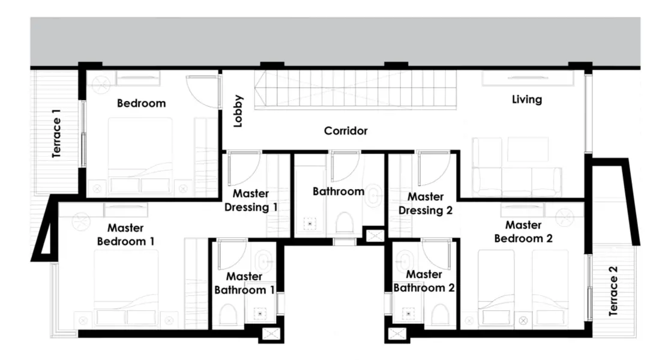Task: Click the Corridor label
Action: tap(345, 131)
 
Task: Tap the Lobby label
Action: tap(238, 111)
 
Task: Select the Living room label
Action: tap(527, 100)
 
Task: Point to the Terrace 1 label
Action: tap(56, 133)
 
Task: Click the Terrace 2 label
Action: tap(613, 291)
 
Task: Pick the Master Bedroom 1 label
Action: tap(125, 235)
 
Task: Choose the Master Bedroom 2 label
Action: tap(523, 232)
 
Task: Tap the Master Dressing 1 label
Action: tap(251, 200)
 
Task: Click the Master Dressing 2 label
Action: tap(425, 203)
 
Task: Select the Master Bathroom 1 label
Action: tap(244, 283)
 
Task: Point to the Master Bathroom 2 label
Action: tap(424, 281)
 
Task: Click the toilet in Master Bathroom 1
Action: tap(227, 315)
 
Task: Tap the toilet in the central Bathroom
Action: tap(344, 223)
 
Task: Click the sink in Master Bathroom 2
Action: tap(403, 260)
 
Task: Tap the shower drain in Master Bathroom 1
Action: tap(260, 314)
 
